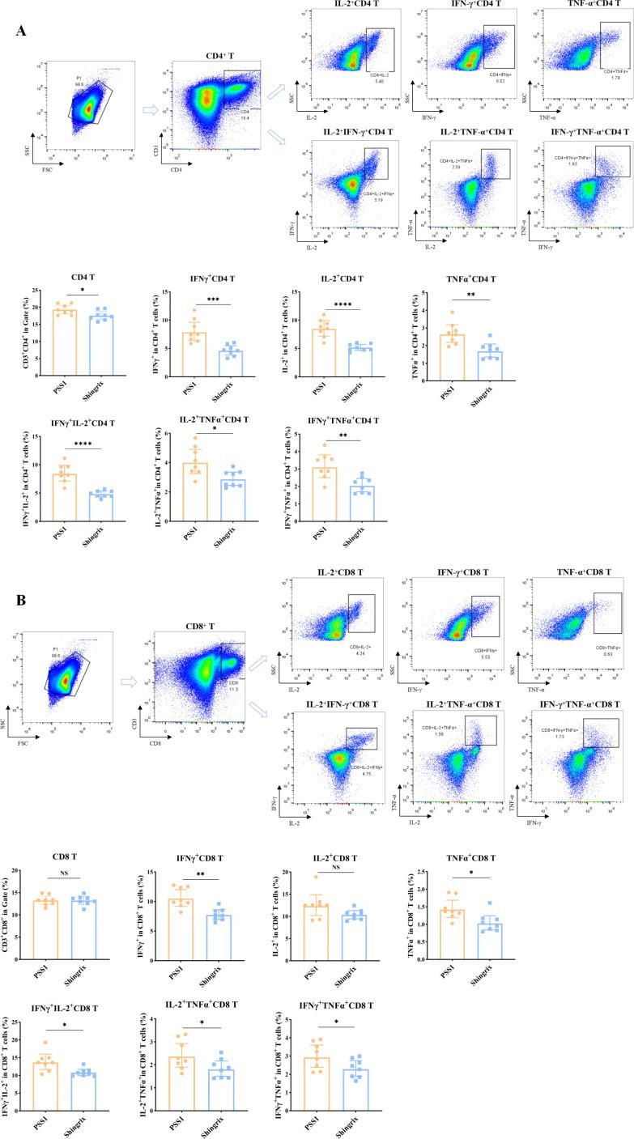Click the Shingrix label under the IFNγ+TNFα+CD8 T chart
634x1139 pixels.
tap(364, 1116)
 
